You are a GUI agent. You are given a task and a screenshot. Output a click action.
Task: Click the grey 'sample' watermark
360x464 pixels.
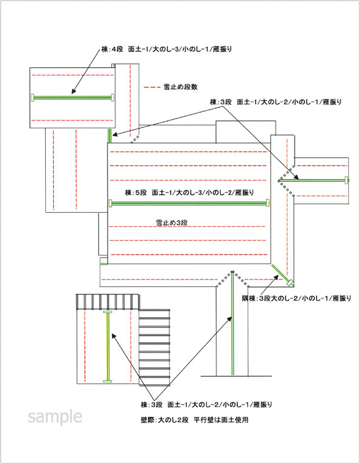point(55,417)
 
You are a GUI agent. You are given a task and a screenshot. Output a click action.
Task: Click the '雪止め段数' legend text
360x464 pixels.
point(180,87)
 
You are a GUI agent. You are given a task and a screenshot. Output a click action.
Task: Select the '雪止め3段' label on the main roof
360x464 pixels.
point(172,223)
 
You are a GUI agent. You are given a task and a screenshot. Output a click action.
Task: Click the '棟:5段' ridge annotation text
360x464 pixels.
point(189,193)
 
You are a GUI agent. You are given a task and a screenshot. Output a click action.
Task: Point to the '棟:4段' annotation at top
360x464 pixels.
point(166,50)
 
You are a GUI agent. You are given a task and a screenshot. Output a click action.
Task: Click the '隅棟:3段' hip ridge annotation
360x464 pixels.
point(296,298)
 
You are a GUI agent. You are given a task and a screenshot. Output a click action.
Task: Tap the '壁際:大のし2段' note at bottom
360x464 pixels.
point(194,420)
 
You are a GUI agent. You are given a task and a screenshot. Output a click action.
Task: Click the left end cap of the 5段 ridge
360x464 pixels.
point(111,204)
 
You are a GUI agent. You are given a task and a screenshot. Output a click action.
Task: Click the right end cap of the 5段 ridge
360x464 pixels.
point(268,203)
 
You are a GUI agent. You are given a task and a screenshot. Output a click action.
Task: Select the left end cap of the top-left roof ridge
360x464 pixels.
point(32,97)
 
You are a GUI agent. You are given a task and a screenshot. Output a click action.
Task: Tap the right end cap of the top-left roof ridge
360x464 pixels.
point(112,97)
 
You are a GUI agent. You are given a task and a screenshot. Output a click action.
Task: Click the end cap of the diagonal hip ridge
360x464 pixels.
point(290,282)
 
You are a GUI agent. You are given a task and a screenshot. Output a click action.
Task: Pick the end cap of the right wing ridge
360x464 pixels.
point(347,180)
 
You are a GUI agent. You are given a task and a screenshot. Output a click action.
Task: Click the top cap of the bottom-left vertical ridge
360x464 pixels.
point(108,312)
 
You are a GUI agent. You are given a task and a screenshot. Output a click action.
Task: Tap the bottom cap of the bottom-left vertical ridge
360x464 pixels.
point(108,381)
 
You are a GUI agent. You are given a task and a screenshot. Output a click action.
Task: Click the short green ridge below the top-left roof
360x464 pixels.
point(110,136)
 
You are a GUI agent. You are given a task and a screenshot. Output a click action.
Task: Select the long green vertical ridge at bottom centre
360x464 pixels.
point(233,323)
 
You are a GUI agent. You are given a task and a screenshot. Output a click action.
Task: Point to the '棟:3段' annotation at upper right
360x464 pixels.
point(276,102)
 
